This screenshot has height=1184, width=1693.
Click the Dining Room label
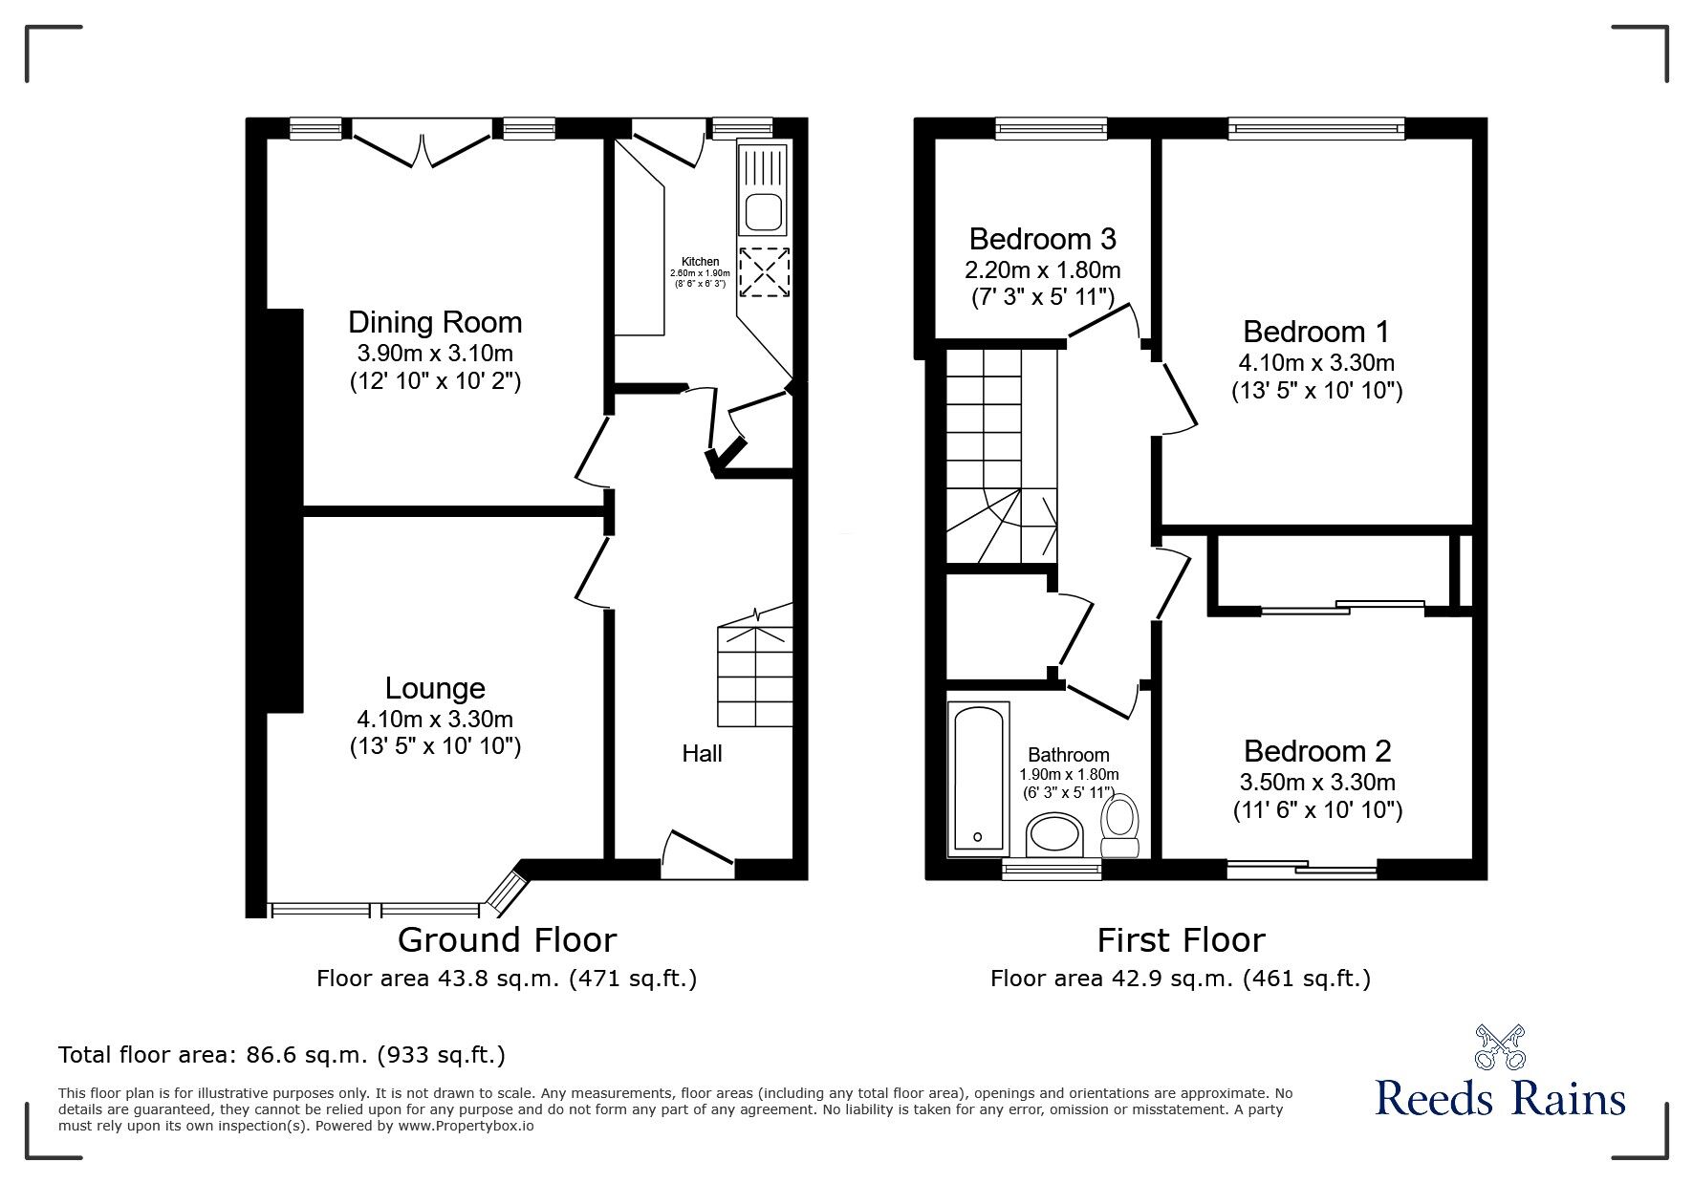click(x=435, y=322)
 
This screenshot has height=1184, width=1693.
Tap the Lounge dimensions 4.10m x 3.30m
click(x=435, y=719)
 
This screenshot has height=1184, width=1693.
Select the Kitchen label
click(x=700, y=262)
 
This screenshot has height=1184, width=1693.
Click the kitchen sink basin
click(x=763, y=211)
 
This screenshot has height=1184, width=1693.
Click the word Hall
click(x=702, y=754)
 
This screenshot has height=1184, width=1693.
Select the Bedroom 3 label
click(x=1042, y=238)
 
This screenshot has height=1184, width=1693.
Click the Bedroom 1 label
click(x=1315, y=332)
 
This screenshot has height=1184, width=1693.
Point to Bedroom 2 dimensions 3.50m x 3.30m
click(x=1316, y=783)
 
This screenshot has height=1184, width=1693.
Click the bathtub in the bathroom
click(x=977, y=778)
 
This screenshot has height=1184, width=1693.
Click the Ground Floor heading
click(x=507, y=940)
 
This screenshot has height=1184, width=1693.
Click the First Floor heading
click(x=1181, y=940)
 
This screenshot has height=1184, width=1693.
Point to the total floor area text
click(x=282, y=1055)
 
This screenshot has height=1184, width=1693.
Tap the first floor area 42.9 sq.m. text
click(x=1180, y=979)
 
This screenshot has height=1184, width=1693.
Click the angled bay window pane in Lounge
click(x=507, y=889)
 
